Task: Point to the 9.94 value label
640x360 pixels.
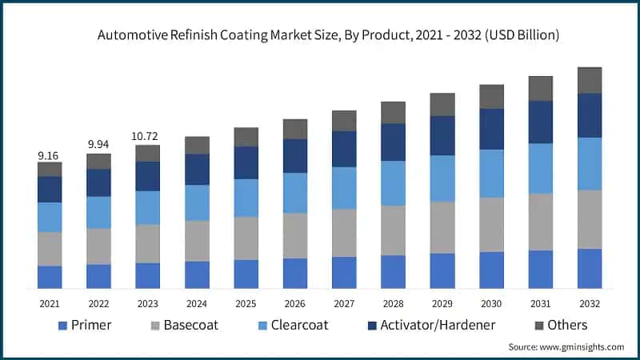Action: point(98,144)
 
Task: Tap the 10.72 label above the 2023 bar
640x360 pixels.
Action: point(148,136)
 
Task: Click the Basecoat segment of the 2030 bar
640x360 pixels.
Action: point(491,224)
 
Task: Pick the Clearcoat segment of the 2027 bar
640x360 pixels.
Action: point(344,188)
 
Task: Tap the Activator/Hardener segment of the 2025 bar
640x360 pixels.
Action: point(246,162)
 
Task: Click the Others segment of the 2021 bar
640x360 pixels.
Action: point(50,169)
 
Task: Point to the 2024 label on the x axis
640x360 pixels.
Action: point(197,304)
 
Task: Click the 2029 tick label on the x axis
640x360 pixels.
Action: point(442,304)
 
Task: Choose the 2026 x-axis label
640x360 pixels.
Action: point(295,304)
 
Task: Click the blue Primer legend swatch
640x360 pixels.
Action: point(63,326)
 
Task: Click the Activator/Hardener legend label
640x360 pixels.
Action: point(438,325)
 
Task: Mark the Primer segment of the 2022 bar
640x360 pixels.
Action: point(98,276)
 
